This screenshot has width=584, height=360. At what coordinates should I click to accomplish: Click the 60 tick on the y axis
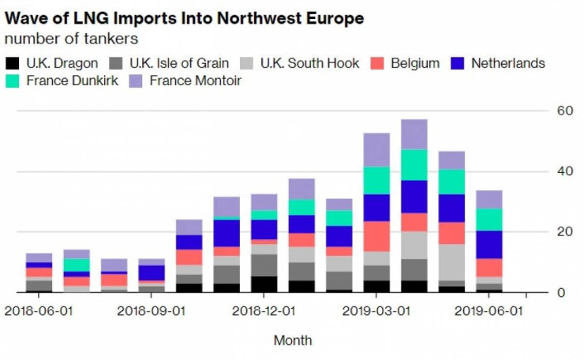[563, 111]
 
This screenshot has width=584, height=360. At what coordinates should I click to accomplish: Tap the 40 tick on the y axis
[563, 171]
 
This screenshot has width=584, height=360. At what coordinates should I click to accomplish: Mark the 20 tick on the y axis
[563, 232]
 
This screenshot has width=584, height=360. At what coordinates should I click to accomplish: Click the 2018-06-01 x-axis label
[39, 311]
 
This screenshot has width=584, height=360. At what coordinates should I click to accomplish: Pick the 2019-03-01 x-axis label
[376, 311]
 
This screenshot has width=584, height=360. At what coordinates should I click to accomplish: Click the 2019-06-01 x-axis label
[489, 311]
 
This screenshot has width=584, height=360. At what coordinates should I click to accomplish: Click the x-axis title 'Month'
[292, 341]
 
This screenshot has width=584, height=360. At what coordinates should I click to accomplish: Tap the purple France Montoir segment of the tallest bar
[414, 134]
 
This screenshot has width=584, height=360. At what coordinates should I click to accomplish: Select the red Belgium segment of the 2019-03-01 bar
[376, 237]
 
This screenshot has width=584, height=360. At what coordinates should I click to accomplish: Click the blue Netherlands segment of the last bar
[489, 245]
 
